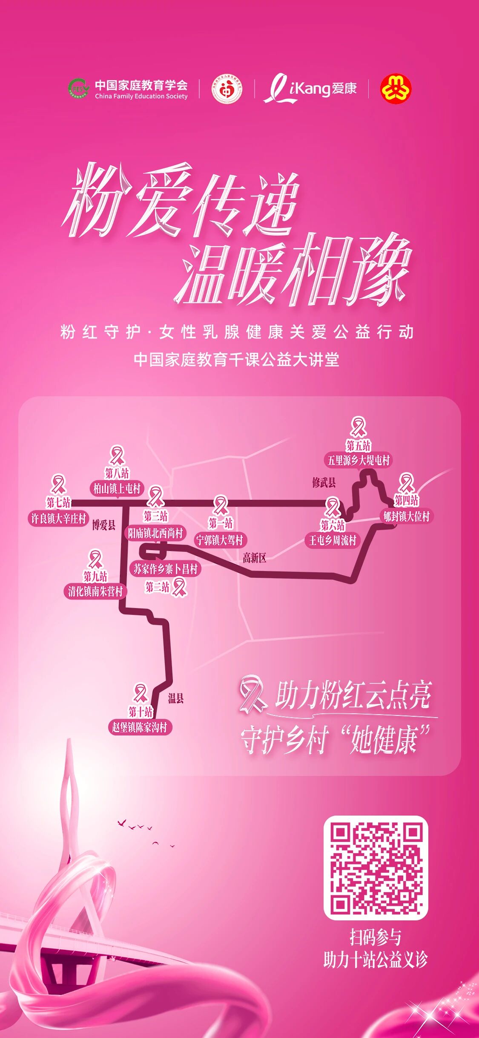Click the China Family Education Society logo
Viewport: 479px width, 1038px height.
pyautogui.click(x=128, y=89)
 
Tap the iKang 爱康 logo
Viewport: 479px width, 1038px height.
pyautogui.click(x=310, y=89)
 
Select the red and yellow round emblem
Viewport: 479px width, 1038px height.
pyautogui.click(x=396, y=89)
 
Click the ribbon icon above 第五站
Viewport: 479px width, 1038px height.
pyautogui.click(x=358, y=427)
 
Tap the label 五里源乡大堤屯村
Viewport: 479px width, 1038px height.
pyautogui.click(x=358, y=460)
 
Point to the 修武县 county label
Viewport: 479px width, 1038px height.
pyautogui.click(x=324, y=482)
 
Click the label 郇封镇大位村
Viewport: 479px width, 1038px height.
pyautogui.click(x=406, y=516)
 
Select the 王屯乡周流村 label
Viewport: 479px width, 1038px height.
pyautogui.click(x=333, y=540)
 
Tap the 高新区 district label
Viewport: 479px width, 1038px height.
pyautogui.click(x=254, y=558)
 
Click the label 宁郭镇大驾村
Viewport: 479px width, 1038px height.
pyautogui.click(x=219, y=540)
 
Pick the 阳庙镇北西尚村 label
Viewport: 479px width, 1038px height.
pyautogui.click(x=155, y=533)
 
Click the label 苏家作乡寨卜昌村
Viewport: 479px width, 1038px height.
pyautogui.click(x=166, y=569)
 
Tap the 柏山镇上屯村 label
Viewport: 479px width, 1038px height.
pyautogui.click(x=117, y=488)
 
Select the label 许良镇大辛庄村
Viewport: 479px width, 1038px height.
pyautogui.click(x=58, y=519)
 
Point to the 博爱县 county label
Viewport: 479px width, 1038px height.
pyautogui.click(x=104, y=525)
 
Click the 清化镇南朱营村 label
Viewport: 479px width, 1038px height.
pyautogui.click(x=95, y=591)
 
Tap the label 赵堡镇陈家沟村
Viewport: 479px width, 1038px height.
pyautogui.click(x=139, y=727)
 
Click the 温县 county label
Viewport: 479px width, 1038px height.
pyautogui.click(x=175, y=698)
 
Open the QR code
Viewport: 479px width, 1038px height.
pyautogui.click(x=376, y=868)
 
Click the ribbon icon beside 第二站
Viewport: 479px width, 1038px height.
pyautogui.click(x=179, y=587)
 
